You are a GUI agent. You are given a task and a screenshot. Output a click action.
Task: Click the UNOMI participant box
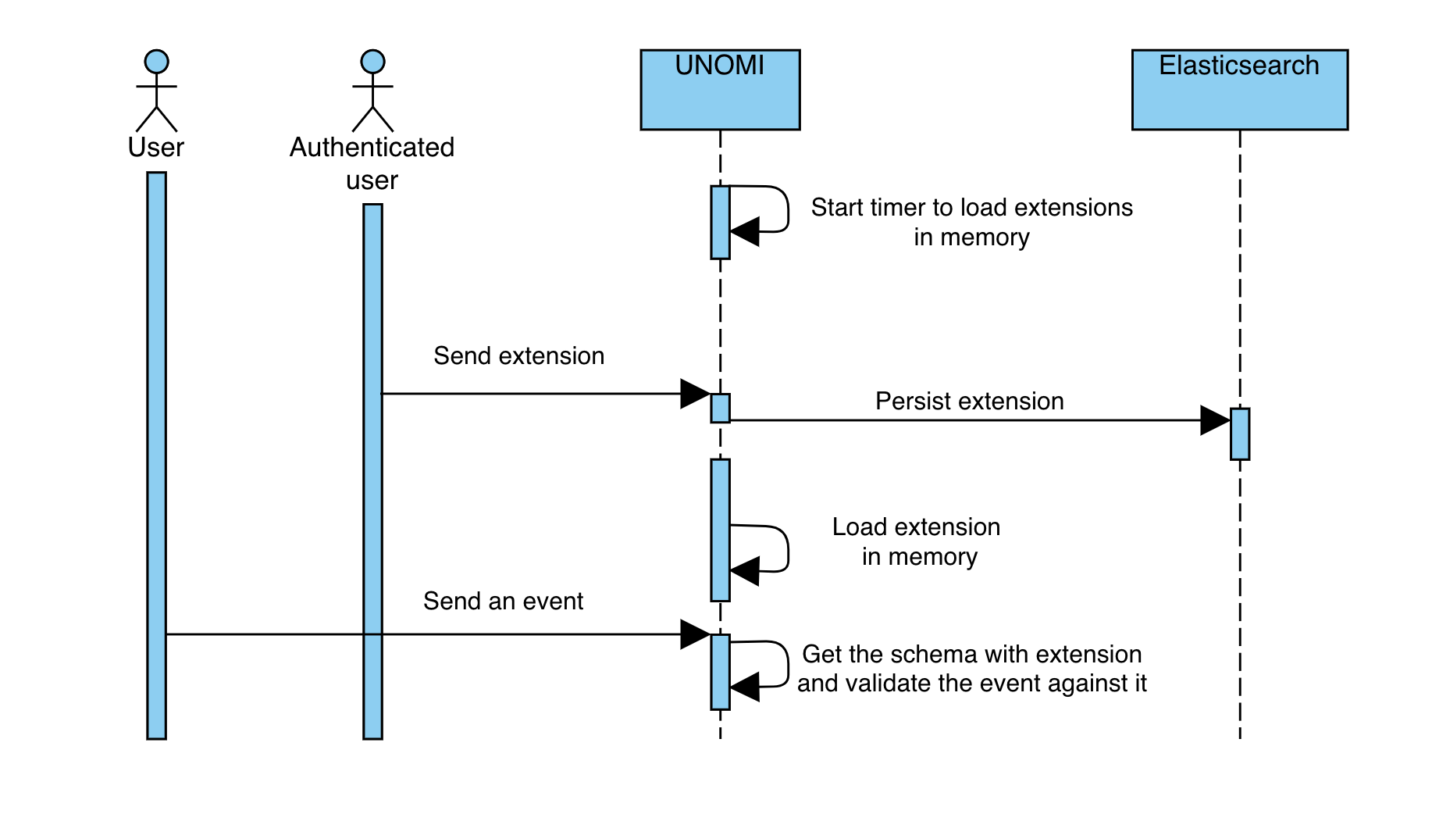point(719,90)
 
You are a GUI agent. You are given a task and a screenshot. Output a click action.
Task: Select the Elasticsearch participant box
point(1239,90)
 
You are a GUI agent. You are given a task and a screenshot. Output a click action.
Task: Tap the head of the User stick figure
point(156,62)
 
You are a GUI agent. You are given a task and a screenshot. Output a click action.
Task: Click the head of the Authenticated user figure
point(372,62)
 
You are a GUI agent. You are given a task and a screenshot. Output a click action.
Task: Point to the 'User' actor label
point(156,147)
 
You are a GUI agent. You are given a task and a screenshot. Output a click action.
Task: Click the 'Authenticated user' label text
point(372,162)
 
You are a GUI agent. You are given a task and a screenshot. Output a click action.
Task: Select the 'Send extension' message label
point(518,355)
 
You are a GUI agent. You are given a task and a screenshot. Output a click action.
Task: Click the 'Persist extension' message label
point(969,401)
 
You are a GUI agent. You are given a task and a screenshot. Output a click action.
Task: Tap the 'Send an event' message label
point(503,601)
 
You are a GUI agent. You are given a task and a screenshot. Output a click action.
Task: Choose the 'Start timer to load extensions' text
point(971,207)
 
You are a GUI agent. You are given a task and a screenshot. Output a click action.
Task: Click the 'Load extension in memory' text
point(916,541)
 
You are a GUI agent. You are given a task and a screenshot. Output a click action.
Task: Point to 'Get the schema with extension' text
point(971,654)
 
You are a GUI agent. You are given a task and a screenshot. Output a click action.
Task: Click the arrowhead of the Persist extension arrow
point(1214,420)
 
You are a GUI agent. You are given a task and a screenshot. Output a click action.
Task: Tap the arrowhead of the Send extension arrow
point(694,394)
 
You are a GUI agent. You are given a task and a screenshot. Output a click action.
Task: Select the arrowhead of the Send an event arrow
point(694,634)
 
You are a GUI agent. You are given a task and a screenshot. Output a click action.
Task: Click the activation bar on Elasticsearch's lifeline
point(1239,434)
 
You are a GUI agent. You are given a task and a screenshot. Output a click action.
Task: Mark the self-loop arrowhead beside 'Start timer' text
point(746,231)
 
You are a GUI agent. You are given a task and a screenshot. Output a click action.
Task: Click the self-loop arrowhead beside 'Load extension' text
point(746,571)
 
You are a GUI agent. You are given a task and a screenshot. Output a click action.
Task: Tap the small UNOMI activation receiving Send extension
point(720,408)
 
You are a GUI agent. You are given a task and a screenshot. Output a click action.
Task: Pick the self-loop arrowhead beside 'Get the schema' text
point(746,687)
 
